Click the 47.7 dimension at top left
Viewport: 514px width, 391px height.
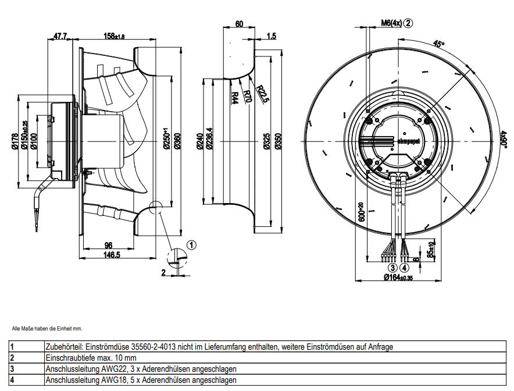pos(60,36)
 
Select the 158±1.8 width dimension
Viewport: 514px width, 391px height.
pos(114,36)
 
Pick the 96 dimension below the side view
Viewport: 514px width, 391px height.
pos(108,245)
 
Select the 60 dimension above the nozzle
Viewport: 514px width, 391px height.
pos(239,24)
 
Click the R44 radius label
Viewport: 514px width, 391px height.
pos(234,97)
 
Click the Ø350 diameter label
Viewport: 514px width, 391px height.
pos(278,141)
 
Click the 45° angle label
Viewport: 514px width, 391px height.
pos(439,44)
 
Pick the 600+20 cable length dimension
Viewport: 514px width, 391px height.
pos(362,214)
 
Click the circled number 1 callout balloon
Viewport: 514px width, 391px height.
pos(192,244)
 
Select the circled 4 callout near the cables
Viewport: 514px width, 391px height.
pos(405,268)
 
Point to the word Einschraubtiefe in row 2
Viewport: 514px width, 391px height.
pos(65,358)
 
